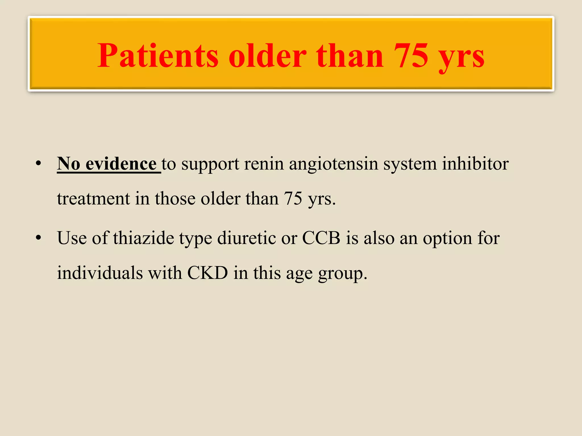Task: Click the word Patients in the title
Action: (x=158, y=56)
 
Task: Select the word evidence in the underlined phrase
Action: (x=121, y=164)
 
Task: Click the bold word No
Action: (x=68, y=164)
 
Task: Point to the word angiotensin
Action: (x=333, y=164)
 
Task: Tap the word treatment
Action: (x=93, y=199)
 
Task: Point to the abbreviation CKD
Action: (x=207, y=273)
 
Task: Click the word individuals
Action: (x=100, y=273)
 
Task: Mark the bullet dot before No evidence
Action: (x=39, y=164)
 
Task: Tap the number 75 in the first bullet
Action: (x=293, y=199)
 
